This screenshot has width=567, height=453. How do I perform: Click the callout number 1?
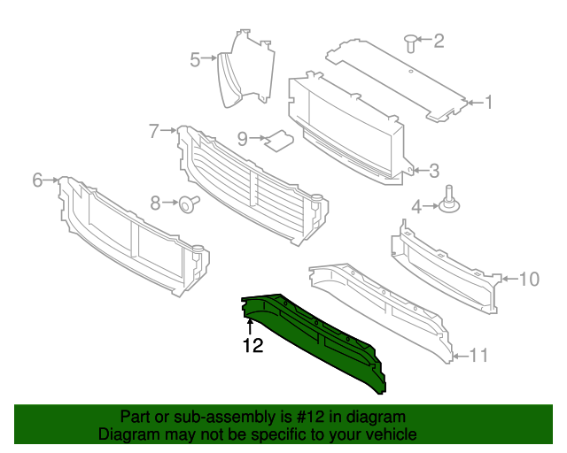pyautogui.click(x=488, y=103)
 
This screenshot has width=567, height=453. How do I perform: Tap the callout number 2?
pyautogui.click(x=439, y=40)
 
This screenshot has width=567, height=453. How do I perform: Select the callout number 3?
pyautogui.click(x=435, y=170)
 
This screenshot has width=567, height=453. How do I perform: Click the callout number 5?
pyautogui.click(x=195, y=59)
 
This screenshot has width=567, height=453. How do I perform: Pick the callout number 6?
pyautogui.click(x=37, y=180)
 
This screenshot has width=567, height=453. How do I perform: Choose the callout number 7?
pyautogui.click(x=153, y=131)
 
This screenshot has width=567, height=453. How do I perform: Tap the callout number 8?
pyautogui.click(x=156, y=203)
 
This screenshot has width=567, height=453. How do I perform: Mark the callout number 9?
pyautogui.click(x=242, y=138)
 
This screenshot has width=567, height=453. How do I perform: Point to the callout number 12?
pyautogui.click(x=252, y=346)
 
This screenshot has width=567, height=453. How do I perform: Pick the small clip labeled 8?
pyautogui.click(x=188, y=204)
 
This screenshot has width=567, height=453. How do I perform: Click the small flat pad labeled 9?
pyautogui.click(x=281, y=140)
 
